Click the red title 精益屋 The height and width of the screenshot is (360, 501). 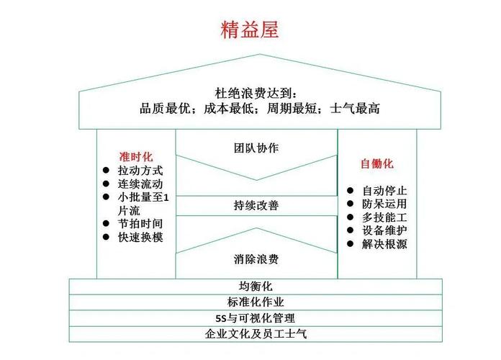(250, 30)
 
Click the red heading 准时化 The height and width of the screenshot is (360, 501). (136, 157)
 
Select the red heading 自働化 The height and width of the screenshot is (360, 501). (377, 163)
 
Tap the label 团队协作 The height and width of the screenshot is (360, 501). (256, 148)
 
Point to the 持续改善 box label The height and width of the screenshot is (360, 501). (256, 205)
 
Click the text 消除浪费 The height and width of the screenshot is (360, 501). (256, 259)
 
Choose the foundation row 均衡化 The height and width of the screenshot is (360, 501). (256, 286)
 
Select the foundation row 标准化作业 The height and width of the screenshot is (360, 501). (256, 302)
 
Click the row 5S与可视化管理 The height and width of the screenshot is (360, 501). (256, 318)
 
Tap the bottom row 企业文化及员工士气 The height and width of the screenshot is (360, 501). (256, 334)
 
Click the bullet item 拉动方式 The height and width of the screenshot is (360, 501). (140, 171)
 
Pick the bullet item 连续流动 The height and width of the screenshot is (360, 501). (140, 184)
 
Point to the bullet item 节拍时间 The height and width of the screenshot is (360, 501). (140, 223)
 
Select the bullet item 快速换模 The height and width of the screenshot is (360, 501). (140, 237)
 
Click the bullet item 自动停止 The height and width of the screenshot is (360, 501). (384, 191)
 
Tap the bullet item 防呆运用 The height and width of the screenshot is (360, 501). (384, 204)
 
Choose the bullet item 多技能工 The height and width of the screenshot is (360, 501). (384, 217)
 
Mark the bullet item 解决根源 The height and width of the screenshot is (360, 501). (384, 244)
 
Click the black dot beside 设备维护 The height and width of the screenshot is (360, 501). (350, 230)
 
